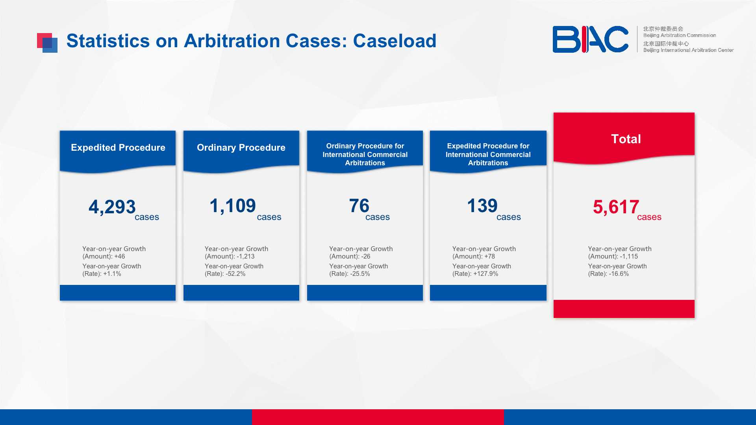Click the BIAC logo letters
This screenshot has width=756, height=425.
pyautogui.click(x=590, y=39)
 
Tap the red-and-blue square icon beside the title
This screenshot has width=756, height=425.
pyautogui.click(x=47, y=43)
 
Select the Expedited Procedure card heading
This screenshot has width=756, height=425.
pyautogui.click(x=118, y=148)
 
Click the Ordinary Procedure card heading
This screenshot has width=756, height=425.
pyautogui.click(x=241, y=148)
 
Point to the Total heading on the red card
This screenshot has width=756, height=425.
pyautogui.click(x=626, y=139)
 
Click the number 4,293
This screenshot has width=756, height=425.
pyautogui.click(x=112, y=207)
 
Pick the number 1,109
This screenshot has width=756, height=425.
pyautogui.click(x=233, y=206)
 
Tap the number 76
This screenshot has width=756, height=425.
pyautogui.click(x=359, y=206)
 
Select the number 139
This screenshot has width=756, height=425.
pyautogui.click(x=482, y=206)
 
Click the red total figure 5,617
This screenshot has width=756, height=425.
pyautogui.click(x=616, y=207)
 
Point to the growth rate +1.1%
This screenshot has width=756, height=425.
pyautogui.click(x=112, y=274)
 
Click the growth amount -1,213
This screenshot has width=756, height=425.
pyautogui.click(x=246, y=257)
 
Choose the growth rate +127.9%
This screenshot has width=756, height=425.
pyautogui.click(x=486, y=274)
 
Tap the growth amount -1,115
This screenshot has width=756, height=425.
pyautogui.click(x=629, y=257)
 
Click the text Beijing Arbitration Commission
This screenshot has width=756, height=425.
pyautogui.click(x=680, y=35)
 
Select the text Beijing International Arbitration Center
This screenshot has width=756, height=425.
pyautogui.click(x=688, y=50)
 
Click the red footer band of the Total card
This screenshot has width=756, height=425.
pyautogui.click(x=624, y=309)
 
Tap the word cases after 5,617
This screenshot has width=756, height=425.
pyautogui.click(x=649, y=217)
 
